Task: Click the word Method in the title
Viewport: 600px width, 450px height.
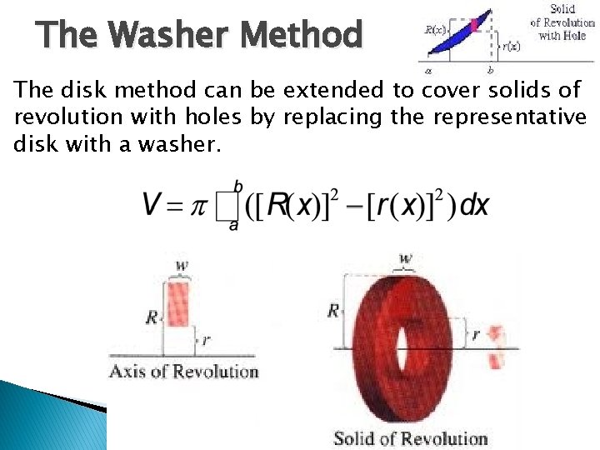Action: [301, 36]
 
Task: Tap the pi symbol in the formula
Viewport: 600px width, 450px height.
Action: [198, 206]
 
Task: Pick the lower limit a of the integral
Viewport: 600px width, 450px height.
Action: [233, 226]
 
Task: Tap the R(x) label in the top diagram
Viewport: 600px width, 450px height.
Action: [436, 30]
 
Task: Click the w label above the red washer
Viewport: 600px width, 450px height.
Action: [406, 259]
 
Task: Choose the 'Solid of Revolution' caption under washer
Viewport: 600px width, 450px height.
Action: [410, 438]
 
